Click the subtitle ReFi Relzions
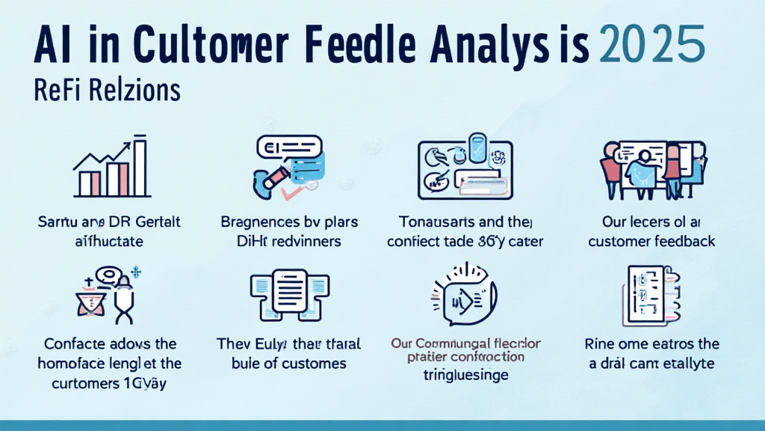coord(108,91)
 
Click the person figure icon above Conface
coord(109,296)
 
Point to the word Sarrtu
coord(59,222)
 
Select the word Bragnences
coord(262,222)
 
